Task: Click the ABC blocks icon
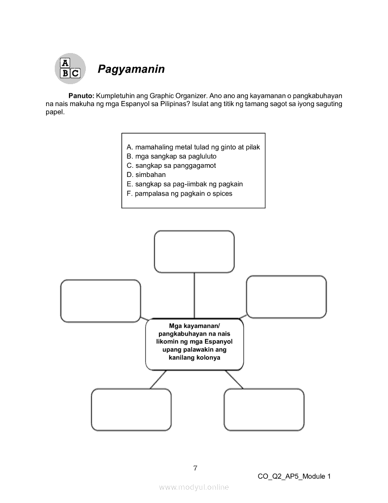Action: [70, 69]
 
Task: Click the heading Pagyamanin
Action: [131, 69]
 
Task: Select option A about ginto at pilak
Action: [193, 147]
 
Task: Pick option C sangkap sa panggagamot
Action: [171, 166]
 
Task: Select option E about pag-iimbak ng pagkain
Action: [184, 184]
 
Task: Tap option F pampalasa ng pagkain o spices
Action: [179, 193]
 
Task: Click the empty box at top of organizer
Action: [194, 251]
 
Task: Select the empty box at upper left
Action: [100, 301]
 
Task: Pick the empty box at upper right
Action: [286, 296]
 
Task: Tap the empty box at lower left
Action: [131, 409]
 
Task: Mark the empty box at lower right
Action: [264, 409]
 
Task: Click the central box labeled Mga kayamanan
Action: [194, 344]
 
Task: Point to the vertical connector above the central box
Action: [194, 295]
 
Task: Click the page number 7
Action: [195, 468]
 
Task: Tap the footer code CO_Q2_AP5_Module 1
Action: [294, 476]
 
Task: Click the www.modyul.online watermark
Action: [194, 487]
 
